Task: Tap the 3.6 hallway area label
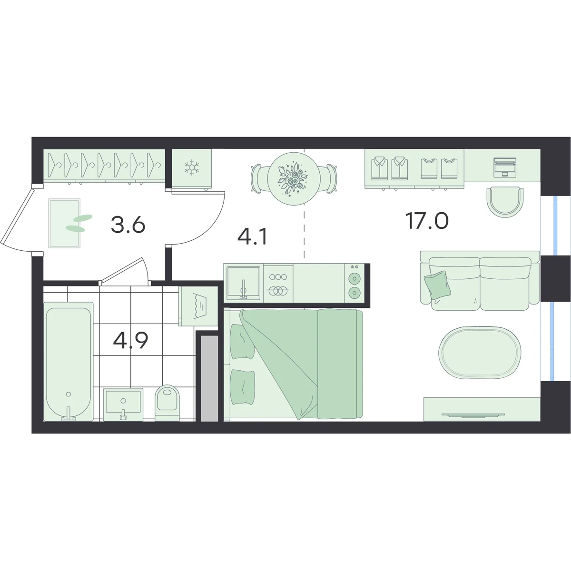point(128,225)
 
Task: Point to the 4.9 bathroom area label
point(131,341)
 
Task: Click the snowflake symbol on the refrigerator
point(191,167)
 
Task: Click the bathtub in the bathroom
point(69,361)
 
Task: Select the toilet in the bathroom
point(167,403)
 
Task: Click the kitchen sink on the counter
point(243,283)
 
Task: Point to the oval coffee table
point(480,352)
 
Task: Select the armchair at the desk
point(505,201)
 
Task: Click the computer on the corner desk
point(505,167)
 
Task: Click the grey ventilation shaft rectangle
point(209,378)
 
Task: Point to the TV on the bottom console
point(473,415)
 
